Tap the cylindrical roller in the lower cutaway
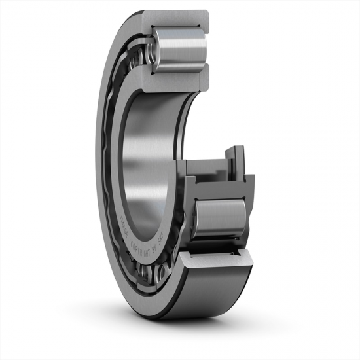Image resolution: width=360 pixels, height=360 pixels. (223, 220)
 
